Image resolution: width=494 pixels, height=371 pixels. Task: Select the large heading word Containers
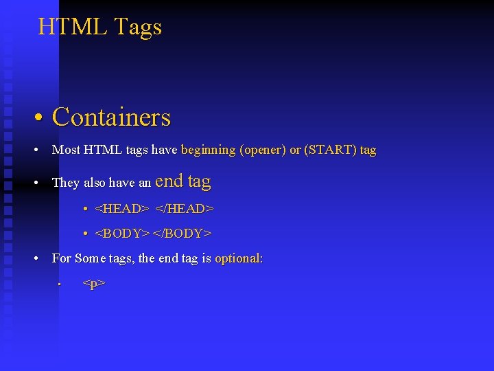point(111,117)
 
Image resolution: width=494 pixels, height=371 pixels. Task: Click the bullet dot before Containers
point(41,118)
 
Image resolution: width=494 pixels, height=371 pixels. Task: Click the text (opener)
point(263,150)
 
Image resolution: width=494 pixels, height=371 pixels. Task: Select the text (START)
point(328,150)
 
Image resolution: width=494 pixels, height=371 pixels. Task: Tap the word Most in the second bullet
point(66,150)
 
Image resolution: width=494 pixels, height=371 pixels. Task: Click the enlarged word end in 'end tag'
point(169,181)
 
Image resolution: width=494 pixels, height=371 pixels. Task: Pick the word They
point(66,183)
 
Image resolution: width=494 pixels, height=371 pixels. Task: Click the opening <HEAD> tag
point(121,208)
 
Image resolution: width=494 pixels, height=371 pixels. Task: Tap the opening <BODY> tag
point(122,234)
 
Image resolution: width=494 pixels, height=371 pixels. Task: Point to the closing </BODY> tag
point(182,234)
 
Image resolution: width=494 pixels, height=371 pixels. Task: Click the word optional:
point(239,259)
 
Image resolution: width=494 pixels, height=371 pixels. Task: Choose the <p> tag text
point(93,283)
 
